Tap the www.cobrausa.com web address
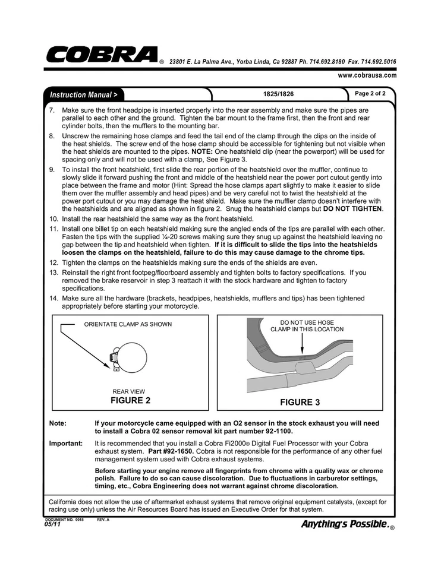point(367,75)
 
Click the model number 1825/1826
point(278,94)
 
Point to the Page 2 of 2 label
point(370,94)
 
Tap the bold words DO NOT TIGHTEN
point(353,209)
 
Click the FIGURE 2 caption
point(130,400)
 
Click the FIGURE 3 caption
point(300,402)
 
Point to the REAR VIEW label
point(129,391)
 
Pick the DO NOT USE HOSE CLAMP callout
point(307,325)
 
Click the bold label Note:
point(58,423)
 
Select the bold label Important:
point(65,444)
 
